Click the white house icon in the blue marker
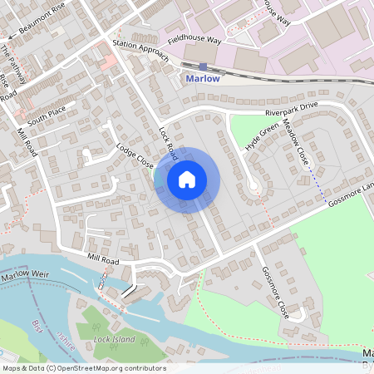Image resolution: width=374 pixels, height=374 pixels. (x=187, y=178)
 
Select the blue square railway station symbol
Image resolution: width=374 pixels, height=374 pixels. (x=203, y=66)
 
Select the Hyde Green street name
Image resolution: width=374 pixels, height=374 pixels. (x=261, y=136)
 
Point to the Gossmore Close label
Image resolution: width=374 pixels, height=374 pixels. (x=273, y=293)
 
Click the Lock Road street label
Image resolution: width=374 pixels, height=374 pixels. (x=169, y=143)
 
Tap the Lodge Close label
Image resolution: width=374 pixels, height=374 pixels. (x=135, y=154)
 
